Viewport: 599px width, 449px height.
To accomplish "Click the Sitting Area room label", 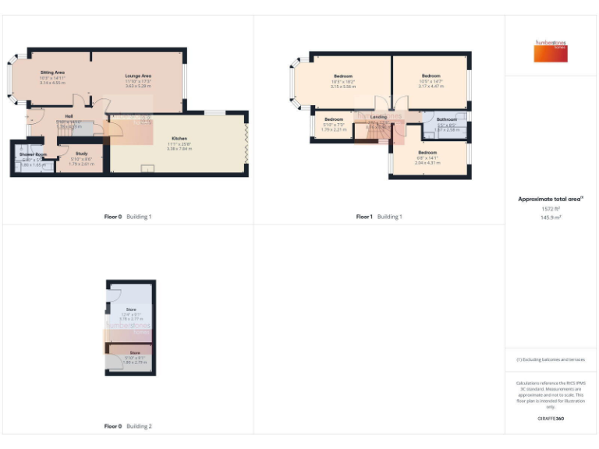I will pyautogui.click(x=52, y=72).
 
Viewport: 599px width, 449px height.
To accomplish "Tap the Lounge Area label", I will pyautogui.click(x=138, y=76).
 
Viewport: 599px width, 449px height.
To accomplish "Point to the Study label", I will pyautogui.click(x=81, y=154).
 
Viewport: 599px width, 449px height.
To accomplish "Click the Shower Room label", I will pyautogui.click(x=34, y=155).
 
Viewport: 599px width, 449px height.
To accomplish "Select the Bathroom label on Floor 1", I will pyautogui.click(x=447, y=119).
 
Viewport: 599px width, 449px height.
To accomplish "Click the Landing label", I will pyautogui.click(x=378, y=116).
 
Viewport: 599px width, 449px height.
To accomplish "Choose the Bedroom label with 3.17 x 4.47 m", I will pyautogui.click(x=431, y=76).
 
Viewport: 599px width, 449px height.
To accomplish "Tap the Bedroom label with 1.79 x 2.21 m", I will pyautogui.click(x=334, y=119).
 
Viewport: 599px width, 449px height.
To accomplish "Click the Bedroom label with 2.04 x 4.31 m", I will pyautogui.click(x=427, y=152).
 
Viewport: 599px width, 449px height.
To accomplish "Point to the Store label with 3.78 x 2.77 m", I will pyautogui.click(x=130, y=309).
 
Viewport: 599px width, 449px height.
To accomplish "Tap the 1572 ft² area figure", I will pyautogui.click(x=551, y=209).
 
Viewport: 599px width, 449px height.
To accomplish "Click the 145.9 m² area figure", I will pyautogui.click(x=551, y=217).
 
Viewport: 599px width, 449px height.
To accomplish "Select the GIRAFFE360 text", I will pyautogui.click(x=551, y=419).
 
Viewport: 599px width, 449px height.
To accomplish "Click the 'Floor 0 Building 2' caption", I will pyautogui.click(x=128, y=426).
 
